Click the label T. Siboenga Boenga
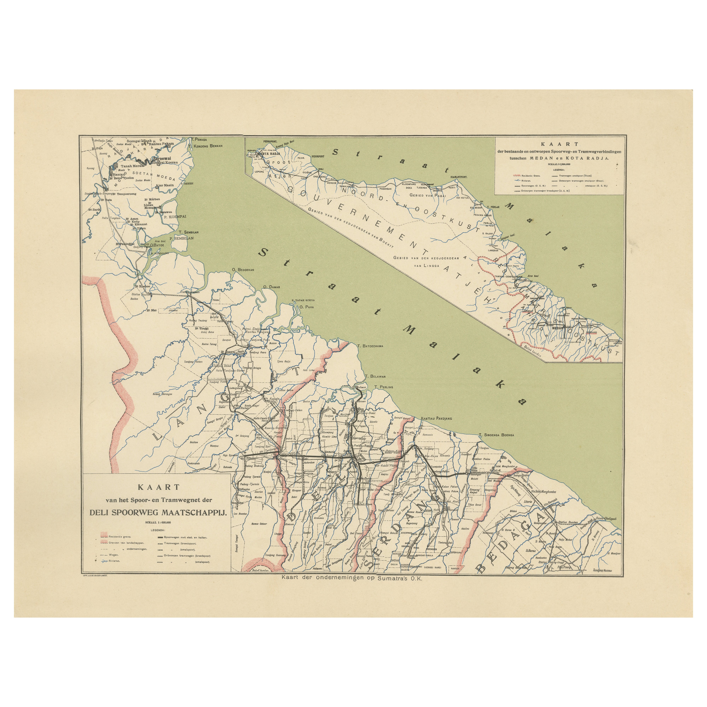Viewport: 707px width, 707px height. [x=496, y=435]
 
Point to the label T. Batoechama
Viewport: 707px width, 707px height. [x=371, y=346]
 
